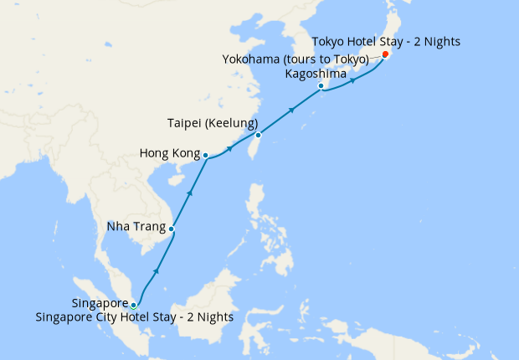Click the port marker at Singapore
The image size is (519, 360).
pos(134,305)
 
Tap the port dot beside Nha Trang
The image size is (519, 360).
pos(172,229)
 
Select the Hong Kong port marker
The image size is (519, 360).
pos(205,155)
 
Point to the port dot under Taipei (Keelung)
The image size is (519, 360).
pos(259,135)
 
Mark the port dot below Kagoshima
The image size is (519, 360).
pos(321,86)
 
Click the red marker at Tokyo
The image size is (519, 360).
pos(385,54)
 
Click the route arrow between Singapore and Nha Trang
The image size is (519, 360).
pos(156,272)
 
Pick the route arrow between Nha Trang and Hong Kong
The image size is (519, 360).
pos(190,193)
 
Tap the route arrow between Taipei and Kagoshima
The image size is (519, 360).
pos(292,109)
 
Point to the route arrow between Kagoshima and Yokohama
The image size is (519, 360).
pos(353,81)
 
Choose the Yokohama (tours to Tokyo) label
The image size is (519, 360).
pos(295,59)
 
